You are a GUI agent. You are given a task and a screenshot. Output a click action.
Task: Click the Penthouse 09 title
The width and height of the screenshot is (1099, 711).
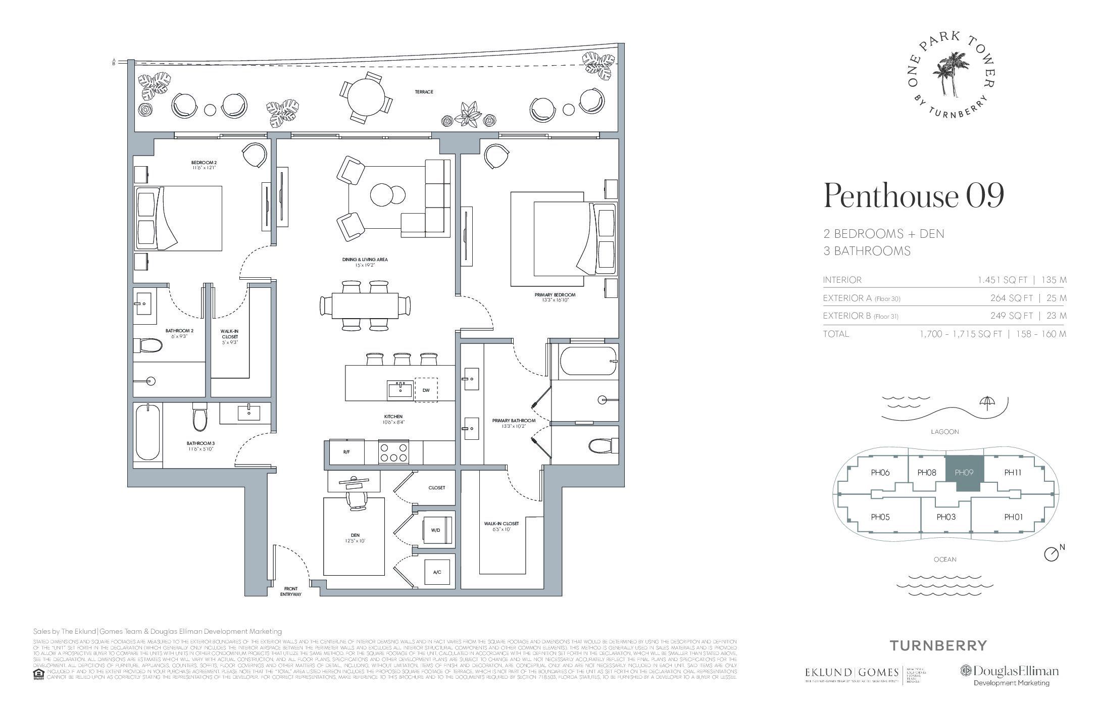913,196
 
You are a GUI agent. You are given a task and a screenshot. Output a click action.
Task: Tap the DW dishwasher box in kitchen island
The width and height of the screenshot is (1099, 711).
426,390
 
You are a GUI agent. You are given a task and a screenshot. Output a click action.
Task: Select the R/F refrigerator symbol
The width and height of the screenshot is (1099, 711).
346,452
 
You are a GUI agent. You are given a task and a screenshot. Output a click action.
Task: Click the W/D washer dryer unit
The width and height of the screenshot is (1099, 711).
435,531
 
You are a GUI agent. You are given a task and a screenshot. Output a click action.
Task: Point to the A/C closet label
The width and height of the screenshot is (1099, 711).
437,572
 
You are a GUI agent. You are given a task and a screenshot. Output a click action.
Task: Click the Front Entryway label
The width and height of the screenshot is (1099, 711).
291,591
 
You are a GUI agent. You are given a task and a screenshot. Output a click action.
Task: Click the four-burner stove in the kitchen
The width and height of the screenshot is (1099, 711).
393,452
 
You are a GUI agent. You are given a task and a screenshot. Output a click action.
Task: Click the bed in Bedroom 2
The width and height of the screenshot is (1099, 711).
178,218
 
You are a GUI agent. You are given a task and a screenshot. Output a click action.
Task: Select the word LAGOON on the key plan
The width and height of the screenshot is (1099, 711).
944,432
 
